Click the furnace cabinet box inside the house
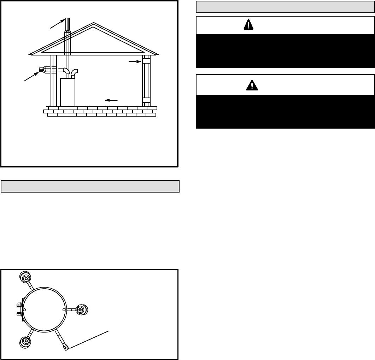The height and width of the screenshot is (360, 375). (x=68, y=92)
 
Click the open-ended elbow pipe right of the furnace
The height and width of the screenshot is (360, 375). (x=75, y=73)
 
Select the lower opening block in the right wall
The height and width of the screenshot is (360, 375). (x=146, y=100)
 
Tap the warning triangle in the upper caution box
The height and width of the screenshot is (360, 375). (x=249, y=25)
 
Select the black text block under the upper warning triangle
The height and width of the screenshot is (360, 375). (x=285, y=51)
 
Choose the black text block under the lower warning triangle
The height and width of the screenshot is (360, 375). (x=285, y=111)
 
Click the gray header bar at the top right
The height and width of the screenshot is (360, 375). (x=285, y=7)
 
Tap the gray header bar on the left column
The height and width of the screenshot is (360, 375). (x=90, y=186)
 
